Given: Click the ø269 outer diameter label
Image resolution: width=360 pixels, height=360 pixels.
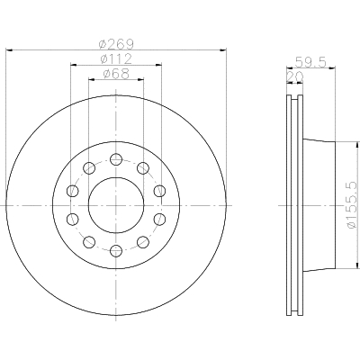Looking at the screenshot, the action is [x=116, y=45].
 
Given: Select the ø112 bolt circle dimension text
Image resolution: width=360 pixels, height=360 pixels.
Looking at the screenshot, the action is [x=116, y=58].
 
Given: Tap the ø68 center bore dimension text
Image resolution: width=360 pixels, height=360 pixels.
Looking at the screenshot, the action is [x=116, y=74].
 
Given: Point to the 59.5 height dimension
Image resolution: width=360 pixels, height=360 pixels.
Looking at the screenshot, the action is [x=310, y=62].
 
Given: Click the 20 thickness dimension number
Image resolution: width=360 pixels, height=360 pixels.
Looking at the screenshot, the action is [x=295, y=77].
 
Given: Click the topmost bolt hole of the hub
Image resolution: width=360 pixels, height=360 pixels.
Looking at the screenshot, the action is [x=116, y=159].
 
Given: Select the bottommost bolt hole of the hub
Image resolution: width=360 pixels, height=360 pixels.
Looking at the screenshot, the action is [x=116, y=251].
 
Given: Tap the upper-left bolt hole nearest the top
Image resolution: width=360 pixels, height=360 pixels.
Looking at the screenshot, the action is [x=89, y=168].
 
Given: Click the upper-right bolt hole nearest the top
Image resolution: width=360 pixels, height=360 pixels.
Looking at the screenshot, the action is [x=143, y=168].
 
